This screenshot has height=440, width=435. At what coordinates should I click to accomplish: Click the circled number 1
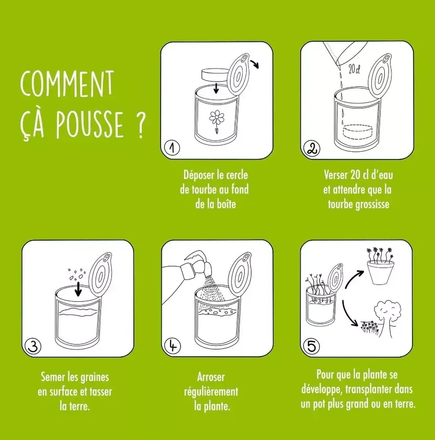coord(170,149)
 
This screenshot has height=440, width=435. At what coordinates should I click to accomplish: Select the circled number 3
coord(32,346)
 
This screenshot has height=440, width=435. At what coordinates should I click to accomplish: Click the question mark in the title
coord(140,128)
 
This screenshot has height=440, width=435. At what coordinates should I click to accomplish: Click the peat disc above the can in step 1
coord(215,74)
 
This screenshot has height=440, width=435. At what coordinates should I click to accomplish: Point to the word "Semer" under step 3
coord(54,376)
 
